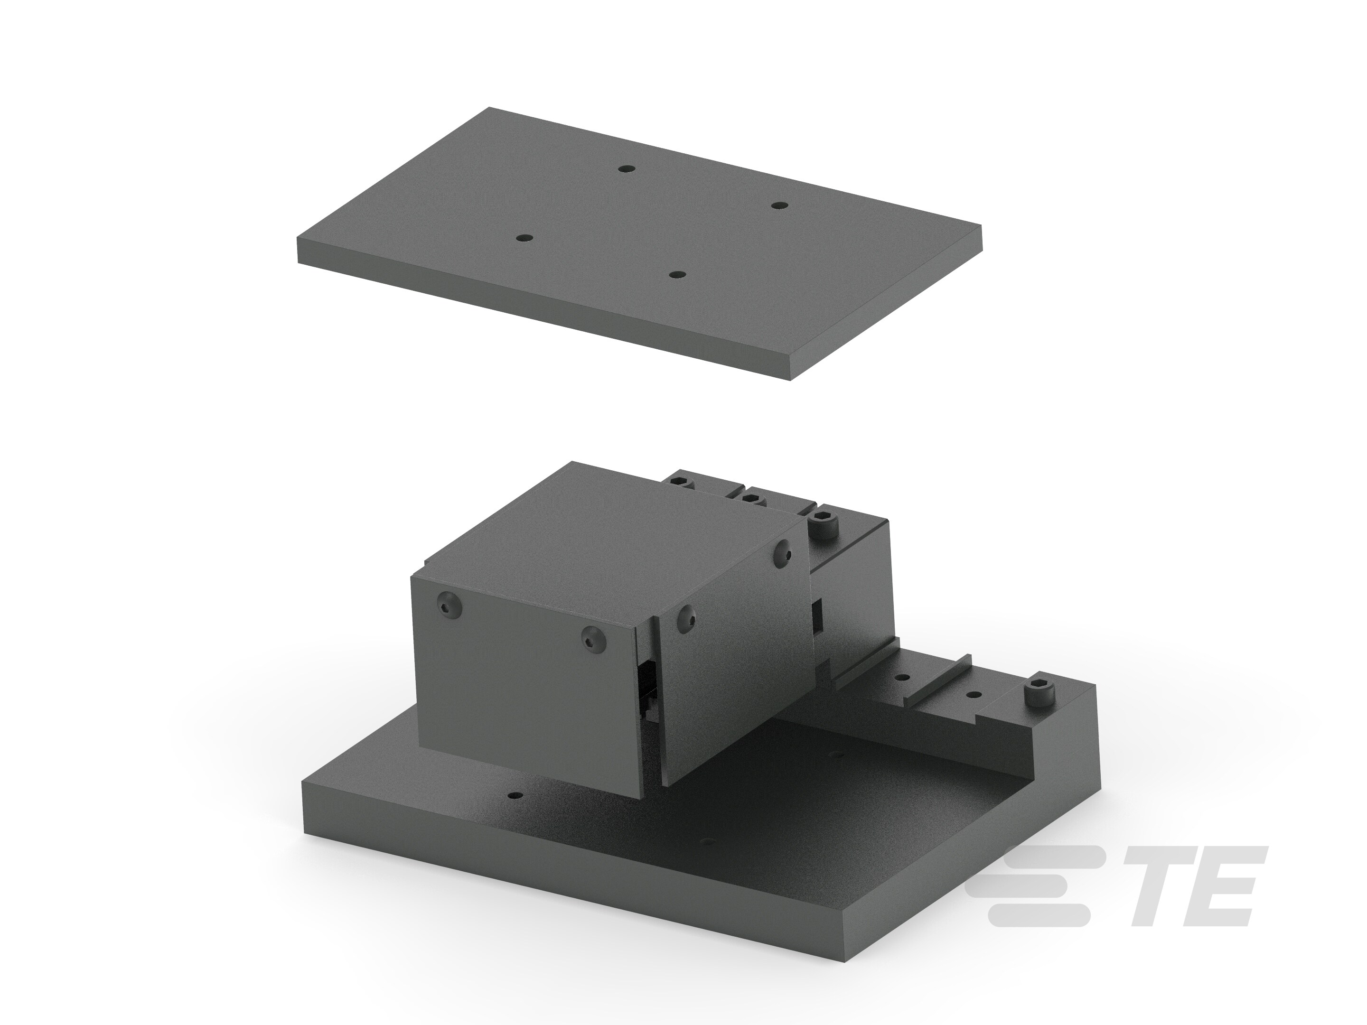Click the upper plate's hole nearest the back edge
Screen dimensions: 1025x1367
(628, 168)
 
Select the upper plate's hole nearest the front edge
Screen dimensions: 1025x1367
(678, 274)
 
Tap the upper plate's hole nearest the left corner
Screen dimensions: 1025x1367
(524, 238)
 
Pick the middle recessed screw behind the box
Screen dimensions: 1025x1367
(751, 497)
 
